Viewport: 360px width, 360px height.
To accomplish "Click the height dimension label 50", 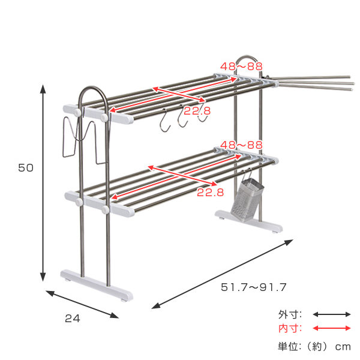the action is pyautogui.click(x=26, y=167).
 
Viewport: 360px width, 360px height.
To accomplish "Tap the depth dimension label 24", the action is pyautogui.click(x=73, y=319).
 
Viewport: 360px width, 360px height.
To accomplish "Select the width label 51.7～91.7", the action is pyautogui.click(x=253, y=287).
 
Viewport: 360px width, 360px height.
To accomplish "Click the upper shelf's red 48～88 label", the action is pyautogui.click(x=241, y=67).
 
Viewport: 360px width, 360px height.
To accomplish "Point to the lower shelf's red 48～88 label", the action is pyautogui.click(x=241, y=145).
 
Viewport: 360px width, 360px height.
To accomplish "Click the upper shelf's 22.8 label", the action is pyautogui.click(x=197, y=111).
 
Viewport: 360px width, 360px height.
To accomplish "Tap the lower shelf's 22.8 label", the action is pyautogui.click(x=211, y=192).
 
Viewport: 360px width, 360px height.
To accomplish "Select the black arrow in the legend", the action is pyautogui.click(x=332, y=314).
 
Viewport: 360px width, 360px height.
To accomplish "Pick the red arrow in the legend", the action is pyautogui.click(x=332, y=328).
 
